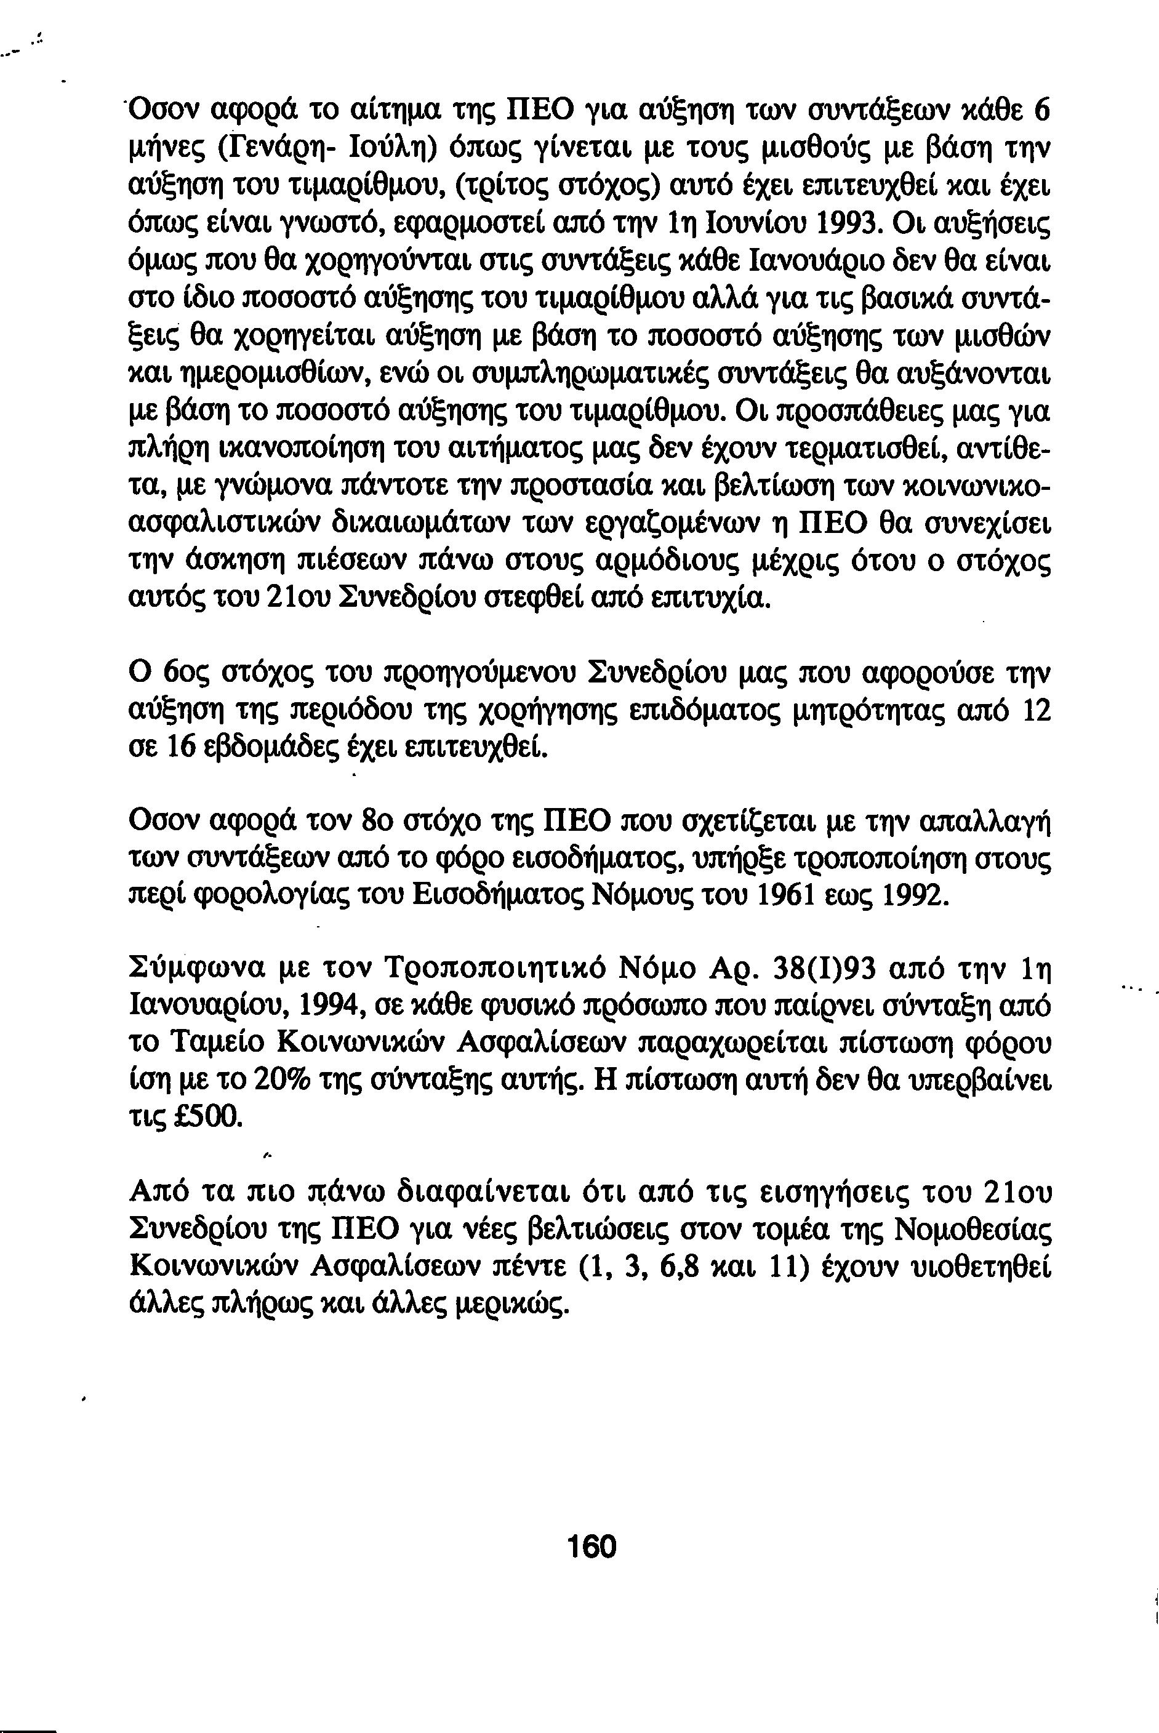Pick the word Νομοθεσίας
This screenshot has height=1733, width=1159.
click(x=973, y=1230)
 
